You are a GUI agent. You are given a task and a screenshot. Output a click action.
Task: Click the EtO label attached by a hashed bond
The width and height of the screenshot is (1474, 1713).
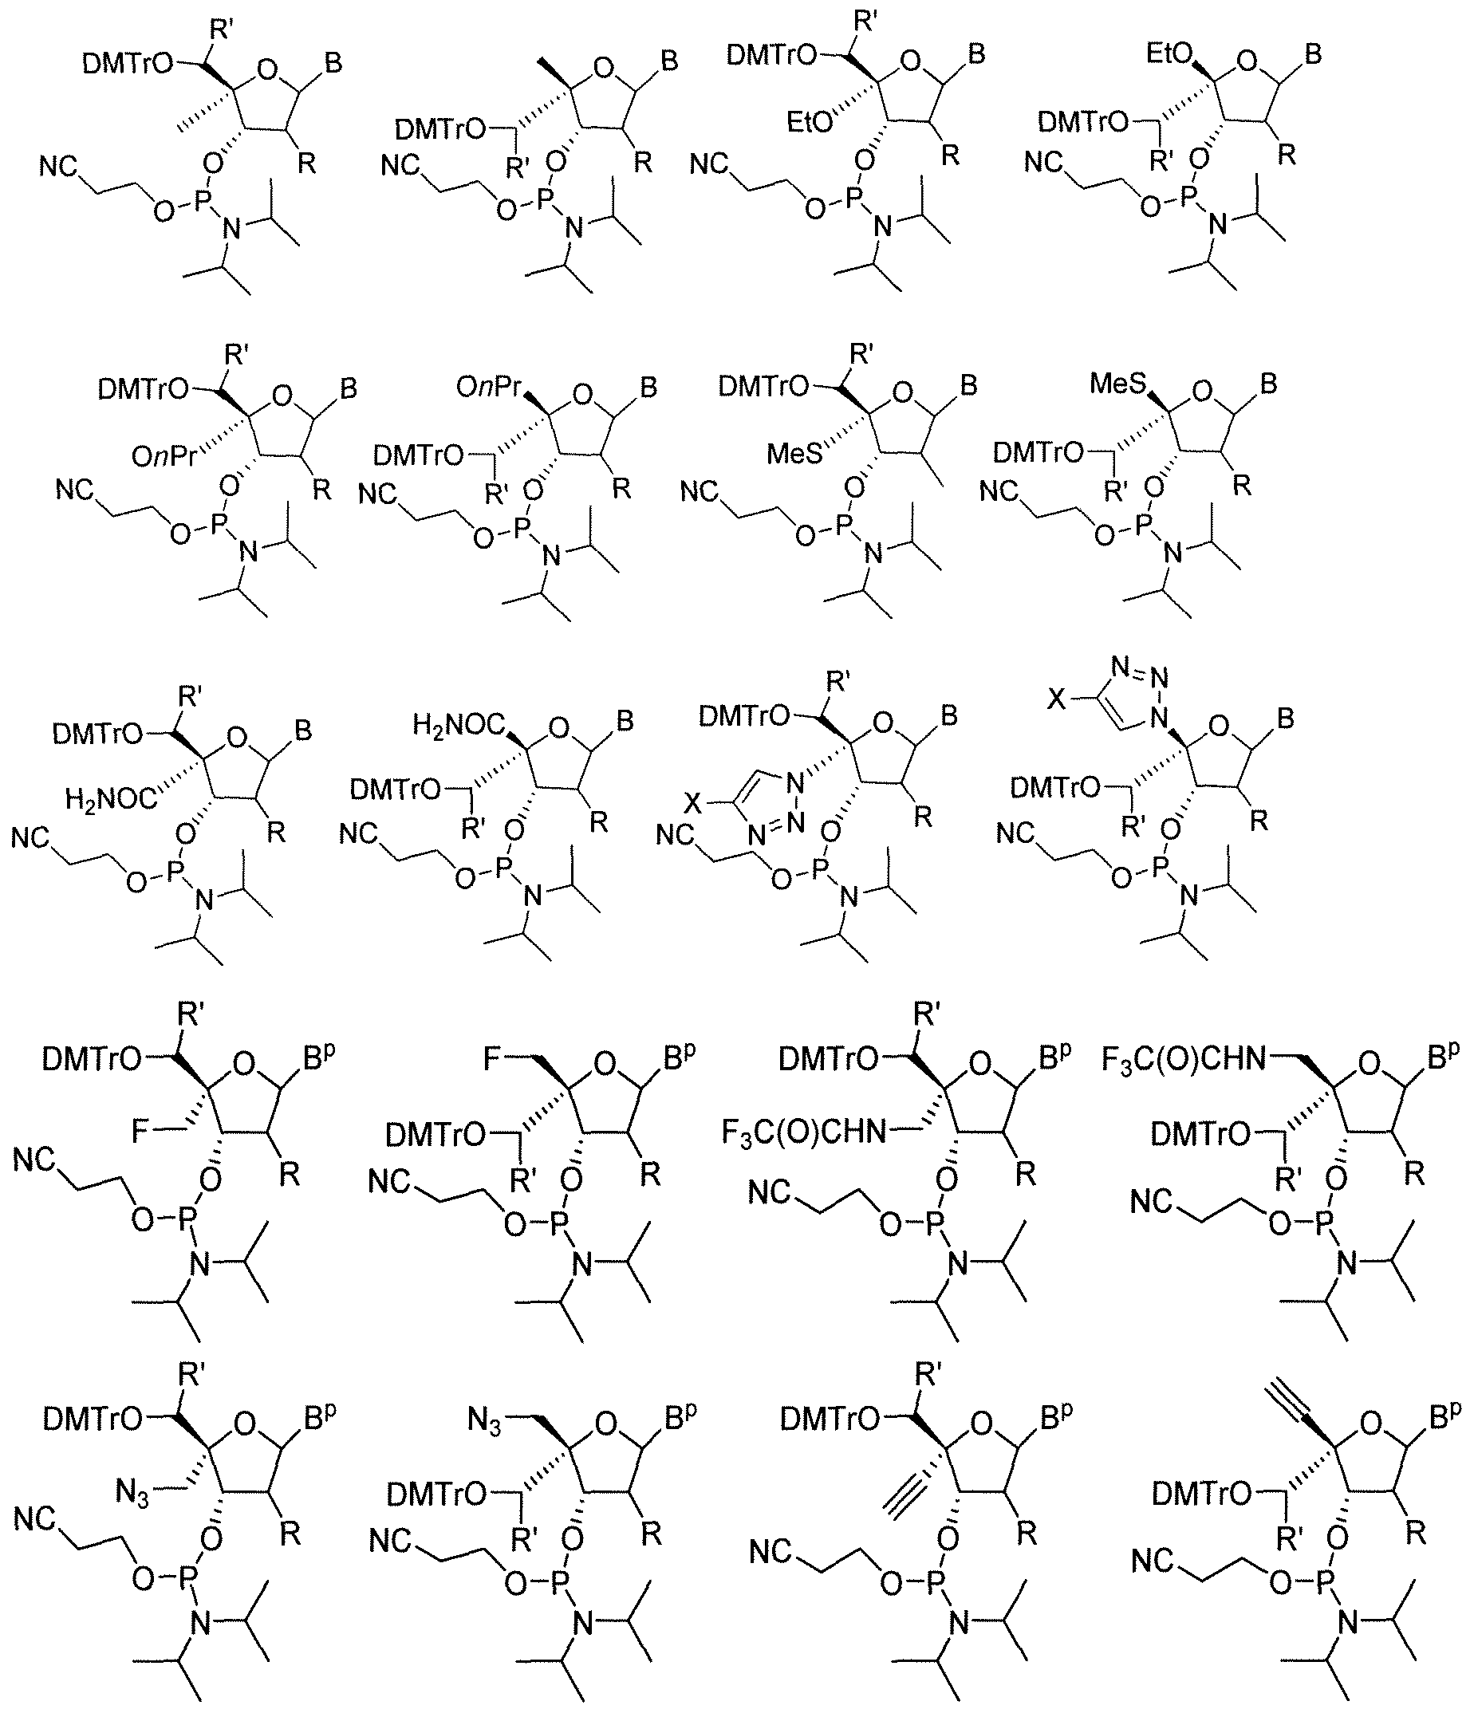[810, 123]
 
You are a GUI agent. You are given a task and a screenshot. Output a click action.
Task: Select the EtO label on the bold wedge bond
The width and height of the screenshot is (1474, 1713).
[1170, 54]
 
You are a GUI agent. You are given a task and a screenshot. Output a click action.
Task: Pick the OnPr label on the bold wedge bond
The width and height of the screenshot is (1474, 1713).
[490, 387]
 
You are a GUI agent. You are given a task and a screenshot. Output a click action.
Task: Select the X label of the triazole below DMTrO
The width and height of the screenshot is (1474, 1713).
[693, 803]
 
